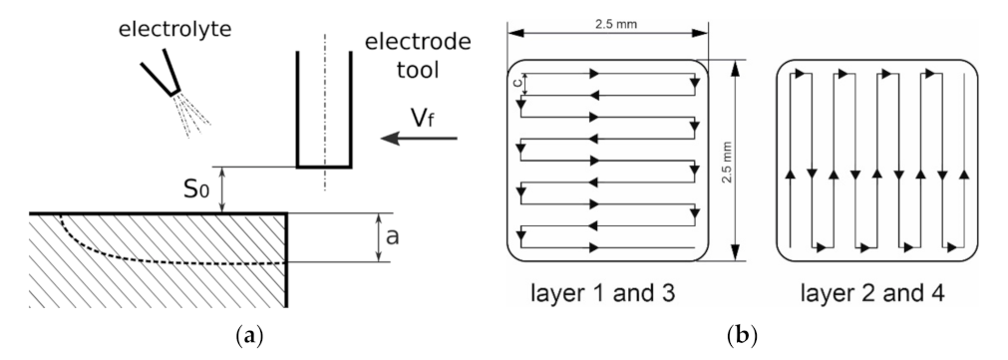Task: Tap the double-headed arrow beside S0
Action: [x=223, y=189]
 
